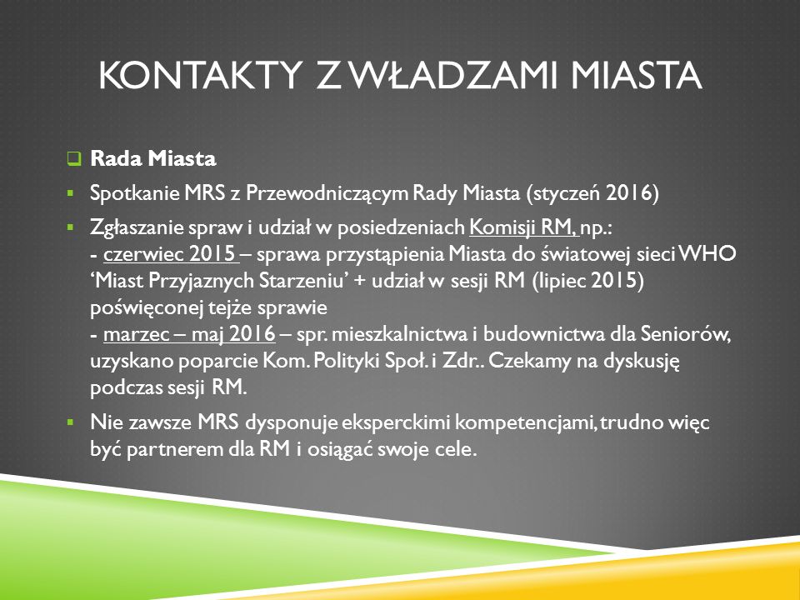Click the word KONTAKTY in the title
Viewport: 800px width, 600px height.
(199, 76)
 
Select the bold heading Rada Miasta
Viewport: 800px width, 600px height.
(153, 158)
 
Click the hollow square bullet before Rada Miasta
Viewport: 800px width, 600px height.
(74, 158)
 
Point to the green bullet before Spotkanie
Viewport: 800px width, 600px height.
(70, 193)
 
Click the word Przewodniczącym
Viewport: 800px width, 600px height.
(327, 193)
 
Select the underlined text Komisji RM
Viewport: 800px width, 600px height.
(524, 227)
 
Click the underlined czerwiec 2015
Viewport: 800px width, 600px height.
(170, 254)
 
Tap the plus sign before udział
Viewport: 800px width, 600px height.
(358, 282)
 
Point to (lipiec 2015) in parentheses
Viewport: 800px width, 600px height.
(587, 281)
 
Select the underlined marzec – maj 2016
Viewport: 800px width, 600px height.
(189, 335)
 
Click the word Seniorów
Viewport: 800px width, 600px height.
(686, 335)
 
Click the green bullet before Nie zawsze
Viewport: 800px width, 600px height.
(70, 422)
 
